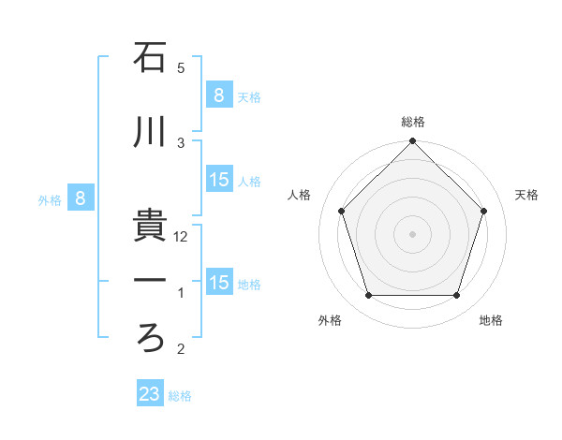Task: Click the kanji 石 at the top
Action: click(x=150, y=58)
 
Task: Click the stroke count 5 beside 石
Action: click(x=181, y=68)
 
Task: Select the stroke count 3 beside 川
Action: click(x=181, y=142)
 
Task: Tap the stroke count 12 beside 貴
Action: click(x=182, y=237)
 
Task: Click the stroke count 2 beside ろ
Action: click(x=181, y=349)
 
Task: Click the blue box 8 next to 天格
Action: click(x=218, y=95)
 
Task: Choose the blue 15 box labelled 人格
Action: click(x=219, y=180)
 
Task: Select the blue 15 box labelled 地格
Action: click(x=219, y=283)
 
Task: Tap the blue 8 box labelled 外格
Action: click(x=81, y=198)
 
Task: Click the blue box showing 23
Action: click(x=149, y=394)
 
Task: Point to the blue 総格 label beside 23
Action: click(x=181, y=396)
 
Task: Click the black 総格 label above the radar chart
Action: click(x=413, y=122)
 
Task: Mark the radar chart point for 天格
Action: click(x=484, y=211)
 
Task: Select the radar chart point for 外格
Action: click(x=369, y=296)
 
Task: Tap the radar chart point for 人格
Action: click(x=342, y=211)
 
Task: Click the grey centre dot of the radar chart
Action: click(x=413, y=233)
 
